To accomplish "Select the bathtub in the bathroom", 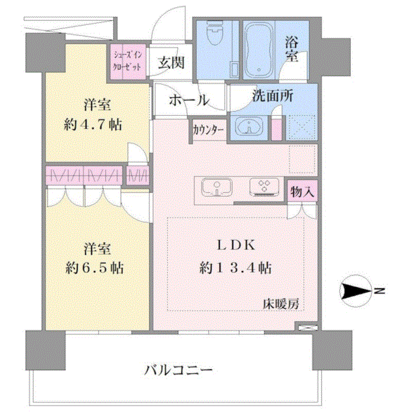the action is click(x=259, y=50).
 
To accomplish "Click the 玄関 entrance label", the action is click(x=171, y=62).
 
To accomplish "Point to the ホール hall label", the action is click(x=189, y=100).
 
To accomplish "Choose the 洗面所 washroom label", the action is click(x=273, y=96).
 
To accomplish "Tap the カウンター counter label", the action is click(x=209, y=130).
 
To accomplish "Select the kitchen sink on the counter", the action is click(x=217, y=187).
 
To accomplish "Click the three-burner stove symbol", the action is click(x=265, y=187).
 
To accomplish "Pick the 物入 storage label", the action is click(x=302, y=192).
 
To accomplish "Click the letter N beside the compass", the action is click(x=379, y=290).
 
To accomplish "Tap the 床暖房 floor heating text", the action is click(x=281, y=304).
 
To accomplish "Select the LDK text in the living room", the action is click(x=236, y=245).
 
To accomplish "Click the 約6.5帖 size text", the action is click(x=95, y=268).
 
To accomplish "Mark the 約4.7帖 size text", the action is click(x=93, y=124).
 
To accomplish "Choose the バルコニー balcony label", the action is click(x=178, y=370).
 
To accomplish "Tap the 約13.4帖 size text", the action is click(x=236, y=268).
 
